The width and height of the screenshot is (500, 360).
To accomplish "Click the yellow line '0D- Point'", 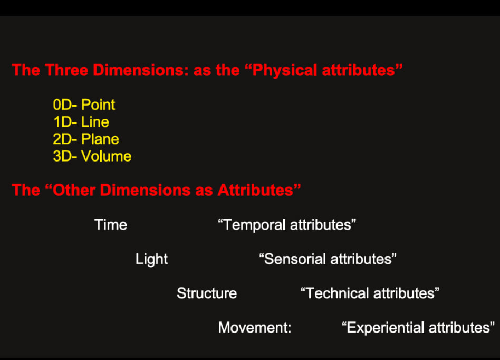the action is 84,105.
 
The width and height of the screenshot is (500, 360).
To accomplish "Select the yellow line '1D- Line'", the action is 81,122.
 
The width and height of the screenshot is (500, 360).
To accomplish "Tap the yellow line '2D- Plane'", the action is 86,139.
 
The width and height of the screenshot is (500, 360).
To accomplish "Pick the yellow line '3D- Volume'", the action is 92,156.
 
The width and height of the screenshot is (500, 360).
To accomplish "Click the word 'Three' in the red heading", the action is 66,70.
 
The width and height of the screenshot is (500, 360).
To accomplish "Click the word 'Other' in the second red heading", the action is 74,190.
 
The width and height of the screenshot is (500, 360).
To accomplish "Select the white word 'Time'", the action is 111,225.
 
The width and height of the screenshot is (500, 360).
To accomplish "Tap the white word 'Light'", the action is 151,259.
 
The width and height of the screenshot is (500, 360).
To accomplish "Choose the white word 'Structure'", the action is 207,293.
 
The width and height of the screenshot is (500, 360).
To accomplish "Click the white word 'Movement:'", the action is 255,327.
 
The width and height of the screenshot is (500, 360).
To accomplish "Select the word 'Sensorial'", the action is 295,259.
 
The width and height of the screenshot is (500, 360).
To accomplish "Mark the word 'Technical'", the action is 337,293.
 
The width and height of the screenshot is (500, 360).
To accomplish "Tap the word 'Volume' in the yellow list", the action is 106,156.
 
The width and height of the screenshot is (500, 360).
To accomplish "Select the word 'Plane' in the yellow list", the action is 100,139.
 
